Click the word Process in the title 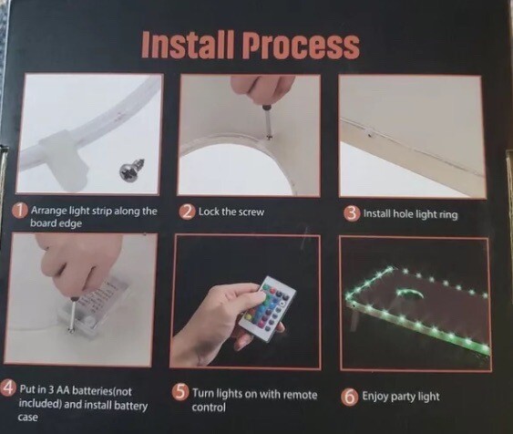click(x=301, y=46)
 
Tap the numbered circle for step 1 click(x=21, y=211)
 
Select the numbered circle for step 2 click(x=188, y=212)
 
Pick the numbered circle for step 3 click(x=351, y=213)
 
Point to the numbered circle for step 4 click(x=9, y=388)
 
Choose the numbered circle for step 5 click(x=180, y=392)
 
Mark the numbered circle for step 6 click(x=349, y=397)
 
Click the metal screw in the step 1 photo click(x=132, y=169)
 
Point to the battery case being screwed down click(x=93, y=305)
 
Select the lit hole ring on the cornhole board click(x=409, y=294)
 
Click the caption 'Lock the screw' click(x=231, y=212)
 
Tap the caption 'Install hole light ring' click(x=410, y=214)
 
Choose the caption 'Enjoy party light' click(x=400, y=397)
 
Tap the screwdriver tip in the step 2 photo click(x=270, y=137)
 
